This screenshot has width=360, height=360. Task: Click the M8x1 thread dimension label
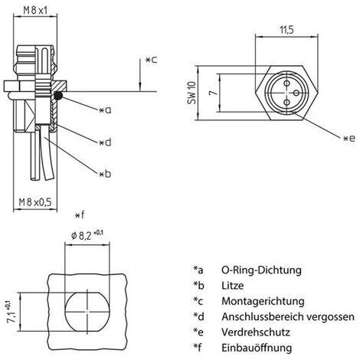tap(35, 11)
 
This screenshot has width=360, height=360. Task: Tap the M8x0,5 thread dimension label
tap(35, 202)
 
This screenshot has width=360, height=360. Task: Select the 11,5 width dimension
tap(287, 30)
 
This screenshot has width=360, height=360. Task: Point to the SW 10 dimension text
tap(192, 93)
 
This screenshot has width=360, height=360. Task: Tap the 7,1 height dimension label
tap(13, 313)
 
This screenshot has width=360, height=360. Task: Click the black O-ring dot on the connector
tap(59, 95)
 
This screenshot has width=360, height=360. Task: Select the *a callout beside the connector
tap(106, 110)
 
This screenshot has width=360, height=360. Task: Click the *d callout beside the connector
tap(106, 142)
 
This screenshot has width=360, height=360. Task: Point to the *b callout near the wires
tap(105, 174)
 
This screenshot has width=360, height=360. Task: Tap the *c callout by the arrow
tap(152, 60)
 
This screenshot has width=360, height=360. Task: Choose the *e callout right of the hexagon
tap(349, 139)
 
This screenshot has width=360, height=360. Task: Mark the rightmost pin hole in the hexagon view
tap(296, 93)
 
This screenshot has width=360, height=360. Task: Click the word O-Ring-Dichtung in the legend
tap(261, 270)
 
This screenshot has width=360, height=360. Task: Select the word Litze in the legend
tap(232, 286)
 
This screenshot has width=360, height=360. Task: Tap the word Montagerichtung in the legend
tap(263, 301)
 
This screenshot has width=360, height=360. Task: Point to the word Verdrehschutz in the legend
tap(256, 332)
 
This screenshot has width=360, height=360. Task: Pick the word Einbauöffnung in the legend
tap(257, 348)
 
